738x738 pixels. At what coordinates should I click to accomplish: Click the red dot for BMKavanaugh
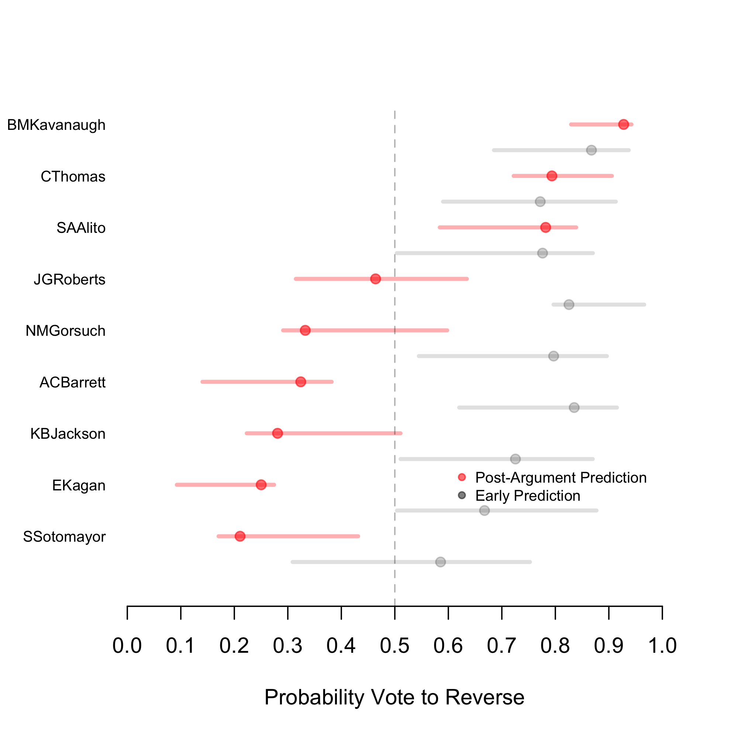click(623, 124)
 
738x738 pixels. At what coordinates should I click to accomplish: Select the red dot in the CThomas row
click(552, 176)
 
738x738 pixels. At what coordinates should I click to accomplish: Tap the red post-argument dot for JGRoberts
click(376, 279)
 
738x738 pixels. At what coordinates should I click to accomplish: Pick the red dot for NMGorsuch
click(305, 330)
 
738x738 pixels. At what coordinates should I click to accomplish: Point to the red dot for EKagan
click(261, 485)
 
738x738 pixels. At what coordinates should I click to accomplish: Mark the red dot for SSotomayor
click(240, 536)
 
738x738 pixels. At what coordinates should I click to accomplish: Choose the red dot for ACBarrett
click(301, 382)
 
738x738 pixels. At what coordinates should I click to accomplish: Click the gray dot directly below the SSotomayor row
click(441, 562)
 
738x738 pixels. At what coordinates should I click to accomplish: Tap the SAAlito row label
click(81, 228)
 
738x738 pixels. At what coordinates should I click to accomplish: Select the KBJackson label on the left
click(68, 434)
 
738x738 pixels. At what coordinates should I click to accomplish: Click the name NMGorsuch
click(66, 331)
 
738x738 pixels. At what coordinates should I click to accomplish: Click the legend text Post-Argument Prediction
click(561, 477)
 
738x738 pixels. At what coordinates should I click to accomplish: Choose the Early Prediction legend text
click(528, 496)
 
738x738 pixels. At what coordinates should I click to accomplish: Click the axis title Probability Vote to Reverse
click(394, 697)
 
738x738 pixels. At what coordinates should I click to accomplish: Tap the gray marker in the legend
click(462, 496)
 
